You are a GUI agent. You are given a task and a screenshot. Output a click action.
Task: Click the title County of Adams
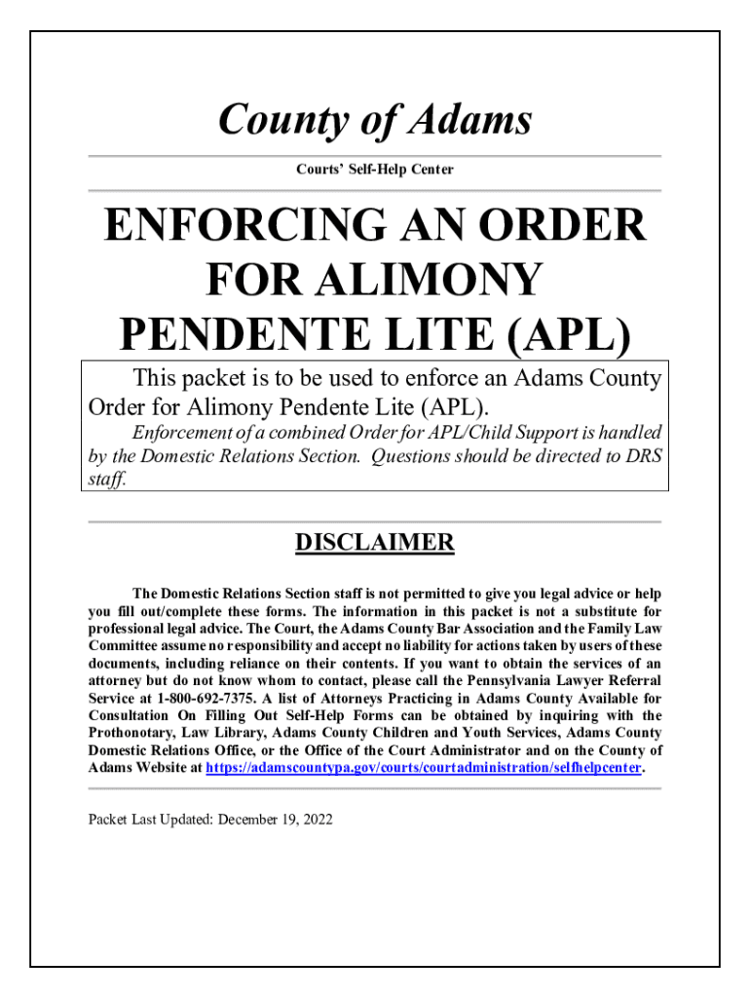click(x=375, y=120)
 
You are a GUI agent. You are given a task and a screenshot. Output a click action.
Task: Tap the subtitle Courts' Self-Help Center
click(x=375, y=170)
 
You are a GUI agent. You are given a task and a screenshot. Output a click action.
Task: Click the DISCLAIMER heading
click(x=375, y=543)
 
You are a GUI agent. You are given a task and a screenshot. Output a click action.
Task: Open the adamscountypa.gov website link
click(x=424, y=768)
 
